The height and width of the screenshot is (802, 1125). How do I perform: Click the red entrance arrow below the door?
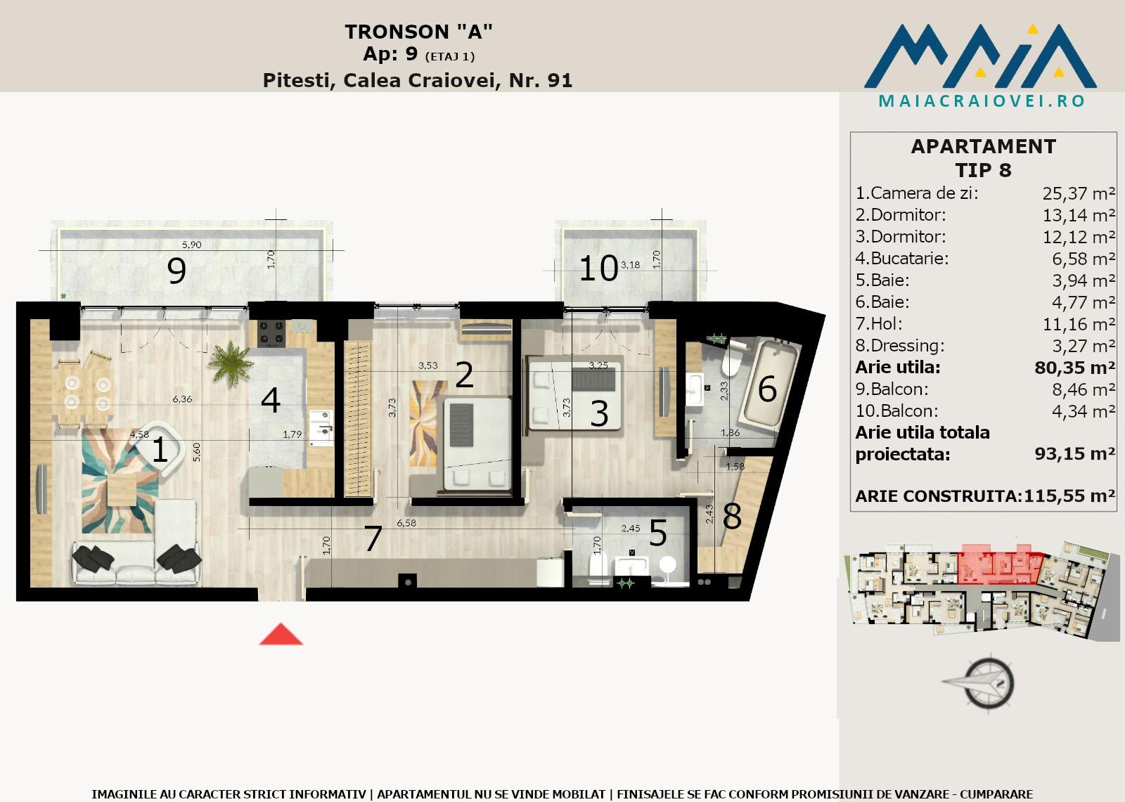click(281, 634)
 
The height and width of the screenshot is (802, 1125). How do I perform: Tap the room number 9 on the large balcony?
click(176, 271)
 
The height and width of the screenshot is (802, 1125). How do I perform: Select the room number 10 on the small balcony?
click(598, 269)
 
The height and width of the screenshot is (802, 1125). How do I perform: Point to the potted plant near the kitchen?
click(231, 363)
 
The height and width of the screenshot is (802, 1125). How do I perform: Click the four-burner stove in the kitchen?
click(271, 333)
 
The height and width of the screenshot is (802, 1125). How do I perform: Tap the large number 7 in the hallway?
click(373, 538)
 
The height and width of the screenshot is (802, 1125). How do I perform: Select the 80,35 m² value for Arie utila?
click(1075, 368)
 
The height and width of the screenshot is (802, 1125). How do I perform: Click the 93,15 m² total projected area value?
click(1075, 453)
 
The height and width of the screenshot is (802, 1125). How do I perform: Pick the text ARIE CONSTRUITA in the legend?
click(939, 496)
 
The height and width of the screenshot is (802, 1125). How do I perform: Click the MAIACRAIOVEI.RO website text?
click(982, 101)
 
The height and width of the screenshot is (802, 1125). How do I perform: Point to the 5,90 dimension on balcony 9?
click(191, 245)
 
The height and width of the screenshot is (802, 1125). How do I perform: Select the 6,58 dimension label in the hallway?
click(406, 523)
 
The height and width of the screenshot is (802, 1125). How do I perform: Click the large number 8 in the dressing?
click(732, 516)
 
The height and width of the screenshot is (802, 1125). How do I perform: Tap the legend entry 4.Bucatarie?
click(902, 258)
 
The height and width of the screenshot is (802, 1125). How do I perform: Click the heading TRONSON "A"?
click(418, 32)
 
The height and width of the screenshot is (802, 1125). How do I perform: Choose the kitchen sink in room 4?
click(321, 427)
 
